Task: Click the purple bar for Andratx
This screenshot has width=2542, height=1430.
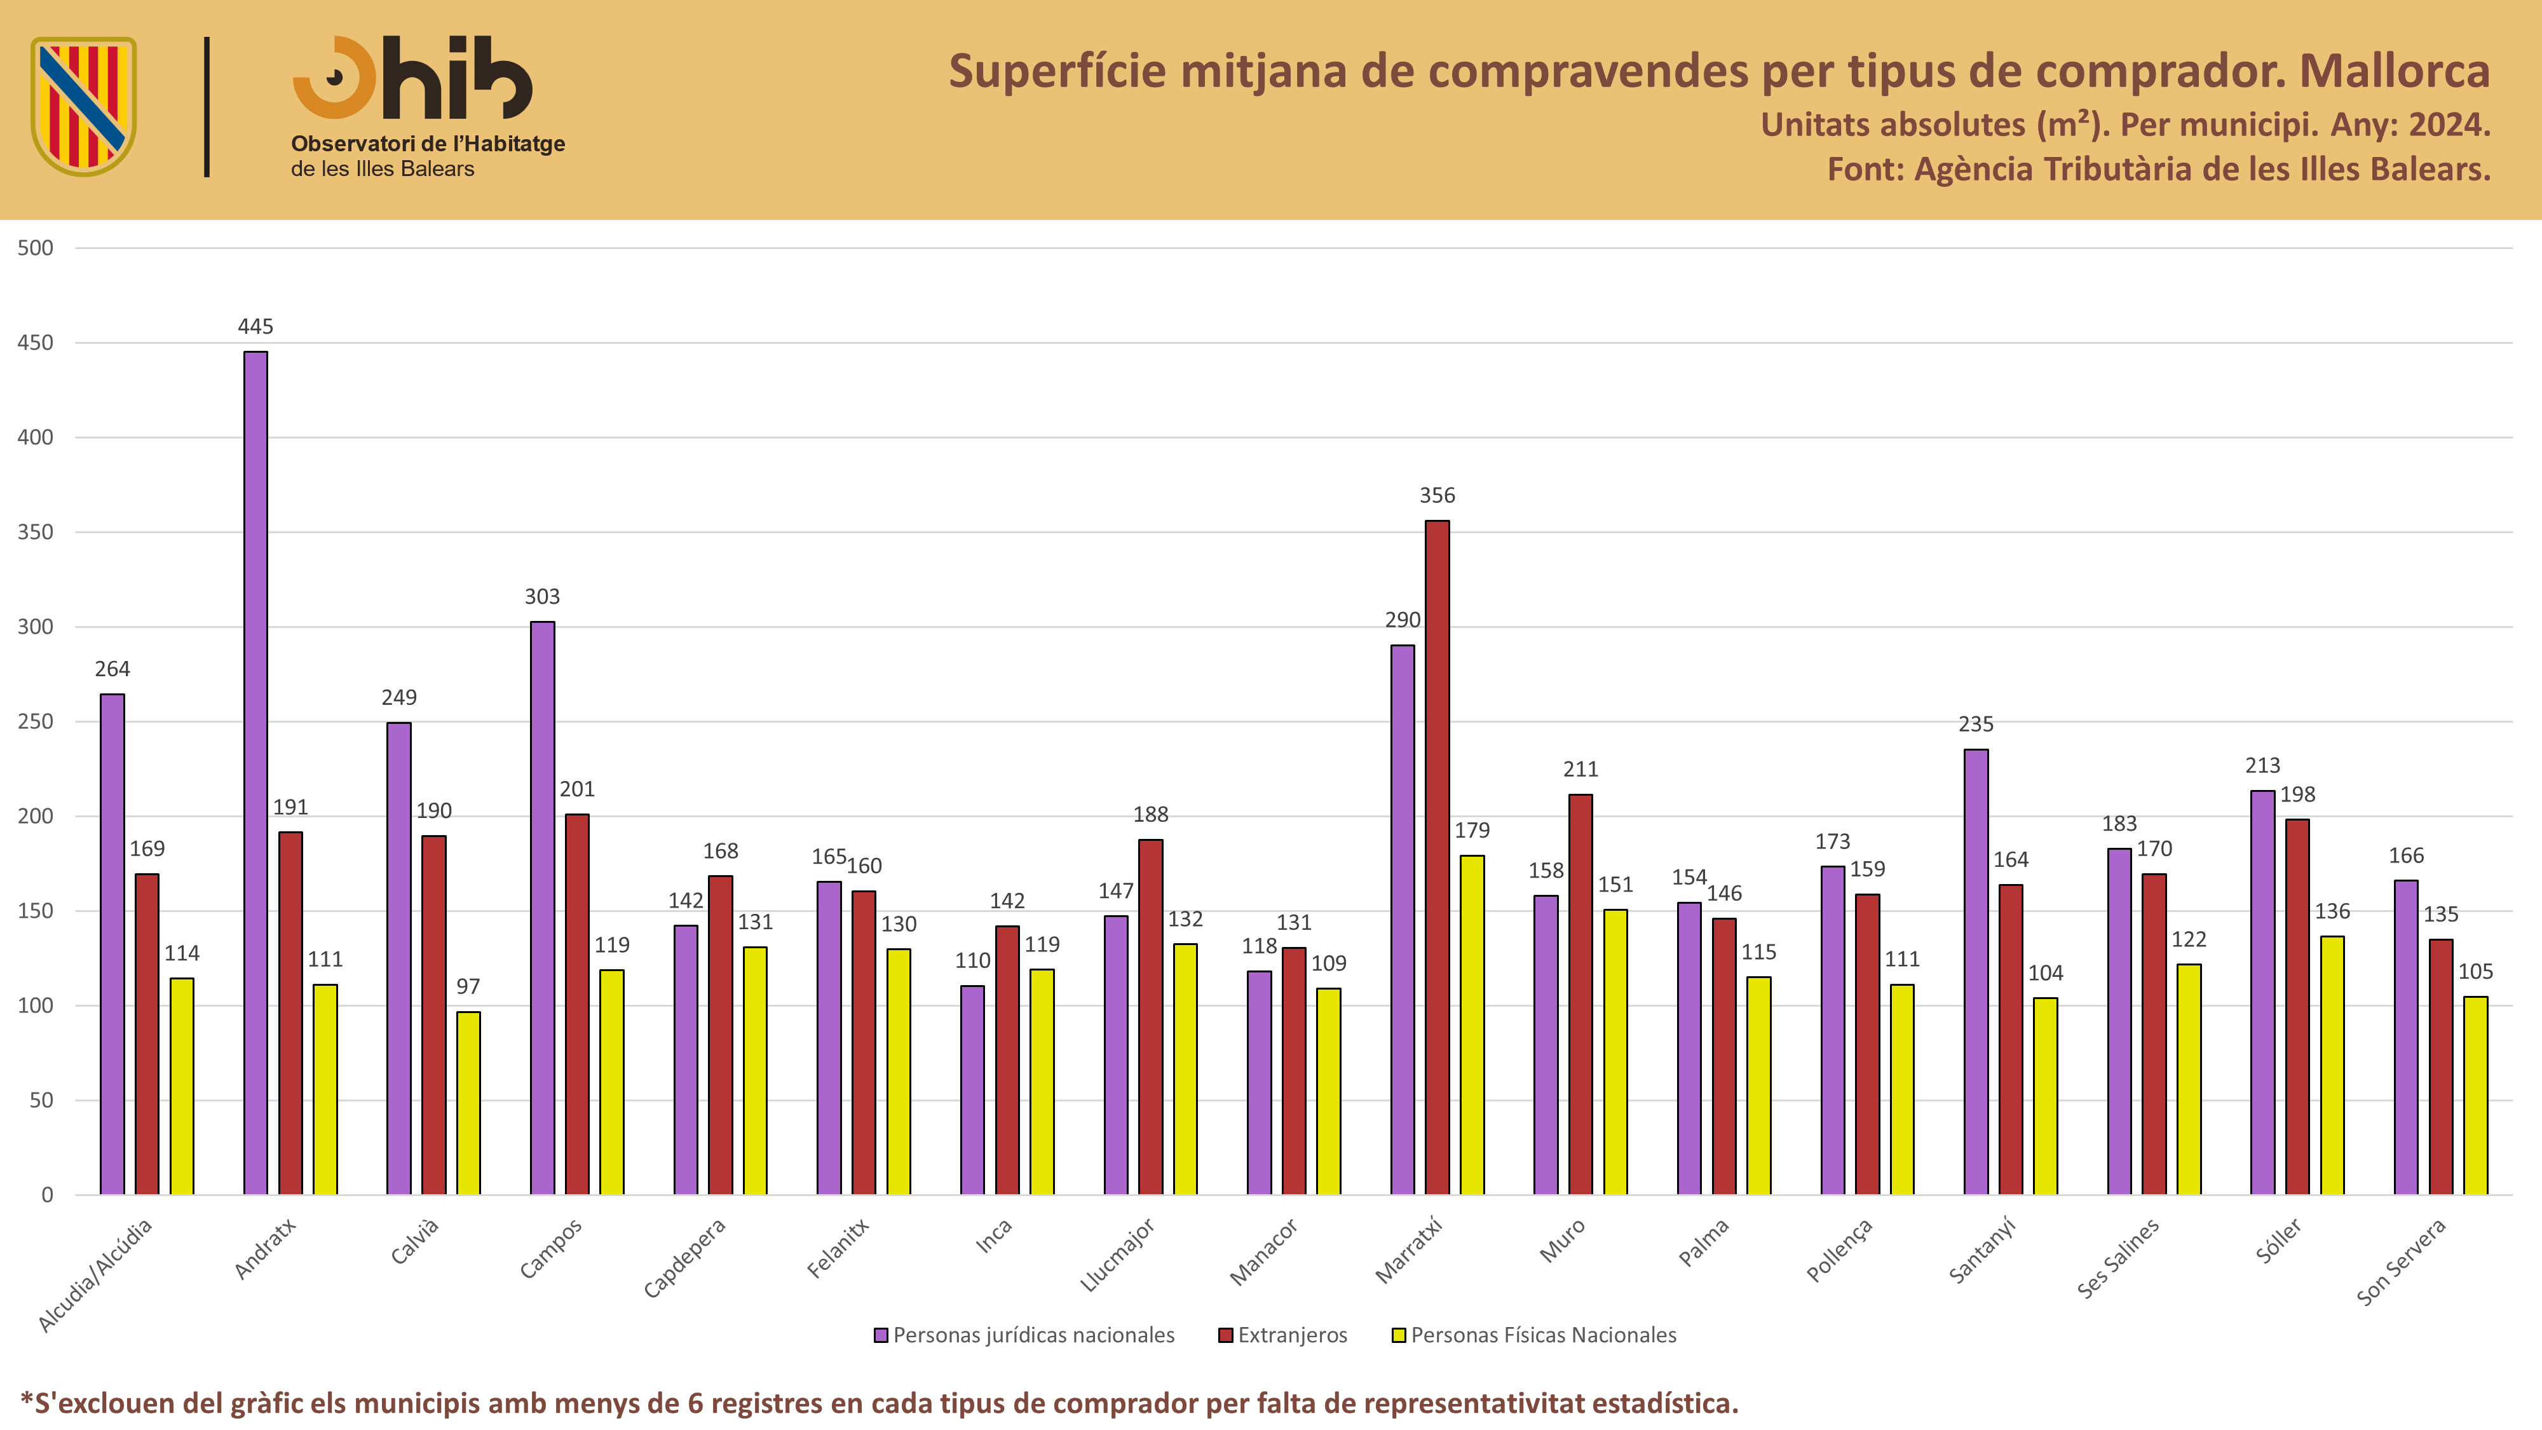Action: [x=255, y=773]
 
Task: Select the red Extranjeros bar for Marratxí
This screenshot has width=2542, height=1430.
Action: [x=1437, y=857]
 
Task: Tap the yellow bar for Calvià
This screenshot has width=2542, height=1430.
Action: [x=469, y=1103]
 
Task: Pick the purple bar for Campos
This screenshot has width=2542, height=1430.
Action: [x=543, y=908]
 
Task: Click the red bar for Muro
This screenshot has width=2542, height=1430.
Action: [x=1581, y=995]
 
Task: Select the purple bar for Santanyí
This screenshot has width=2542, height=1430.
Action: [x=1976, y=972]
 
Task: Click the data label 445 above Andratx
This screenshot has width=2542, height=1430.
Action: [x=255, y=327]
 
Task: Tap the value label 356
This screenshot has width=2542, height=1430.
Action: [x=1437, y=496]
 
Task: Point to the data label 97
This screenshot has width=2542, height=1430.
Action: [x=469, y=987]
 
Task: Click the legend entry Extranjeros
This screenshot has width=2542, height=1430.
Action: [x=1283, y=1335]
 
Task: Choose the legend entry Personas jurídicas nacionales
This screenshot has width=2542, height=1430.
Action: [x=1024, y=1335]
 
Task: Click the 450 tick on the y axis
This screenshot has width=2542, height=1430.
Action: [x=36, y=343]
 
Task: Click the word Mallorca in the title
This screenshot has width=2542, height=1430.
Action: [x=2395, y=71]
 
